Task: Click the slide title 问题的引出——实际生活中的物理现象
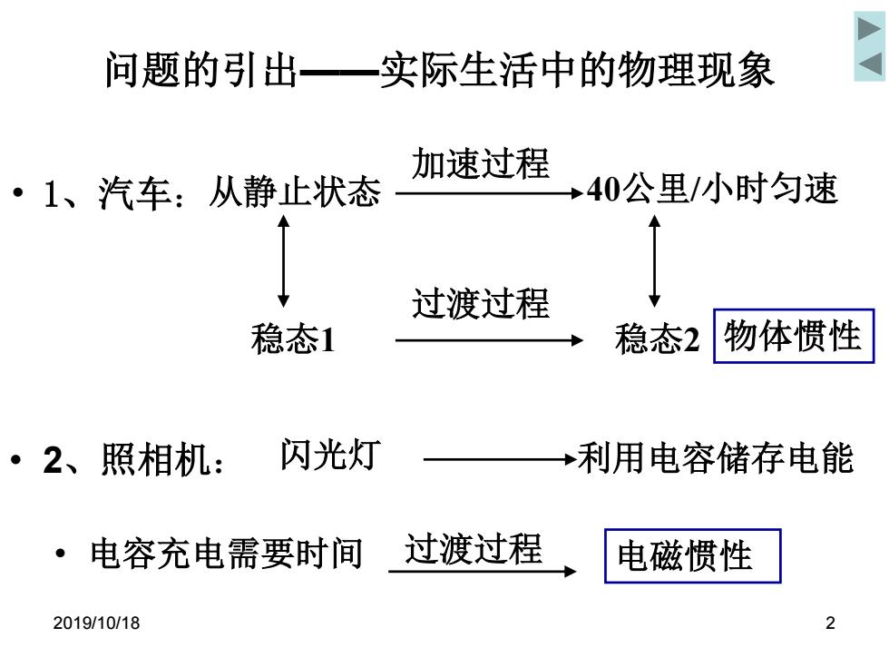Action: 439,71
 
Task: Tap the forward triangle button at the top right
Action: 869,28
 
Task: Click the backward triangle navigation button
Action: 870,64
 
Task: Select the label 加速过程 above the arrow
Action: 481,163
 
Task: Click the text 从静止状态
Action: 295,191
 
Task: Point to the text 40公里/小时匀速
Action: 712,189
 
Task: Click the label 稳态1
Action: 293,339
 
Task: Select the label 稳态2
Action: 657,339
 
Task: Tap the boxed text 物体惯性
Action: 793,336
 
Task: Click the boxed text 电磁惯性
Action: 692,555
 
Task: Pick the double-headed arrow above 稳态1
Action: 283,261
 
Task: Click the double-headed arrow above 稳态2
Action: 654,261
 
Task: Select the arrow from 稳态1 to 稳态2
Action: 489,340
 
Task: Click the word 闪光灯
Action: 330,455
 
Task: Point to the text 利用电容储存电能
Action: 716,458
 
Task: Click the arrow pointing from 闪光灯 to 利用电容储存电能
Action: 501,459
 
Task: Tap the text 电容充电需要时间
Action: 227,554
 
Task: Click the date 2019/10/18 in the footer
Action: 96,623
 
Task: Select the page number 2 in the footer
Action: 830,623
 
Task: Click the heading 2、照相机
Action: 134,459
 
